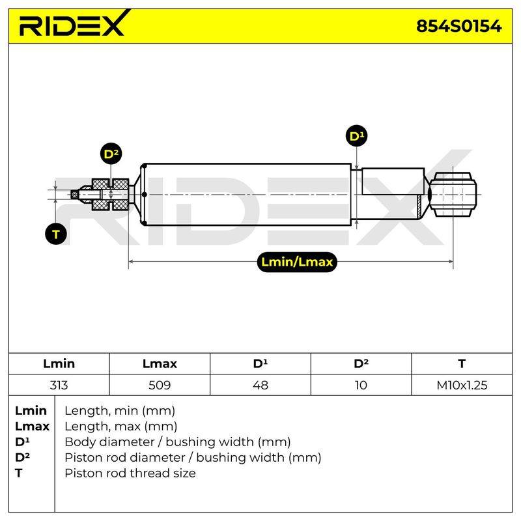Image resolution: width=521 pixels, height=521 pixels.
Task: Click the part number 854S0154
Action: (x=459, y=26)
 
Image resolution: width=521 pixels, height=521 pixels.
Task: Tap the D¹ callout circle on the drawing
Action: (x=356, y=136)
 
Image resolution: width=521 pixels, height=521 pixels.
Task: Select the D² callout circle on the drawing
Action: (x=111, y=154)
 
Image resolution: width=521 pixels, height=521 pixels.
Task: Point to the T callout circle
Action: (x=56, y=234)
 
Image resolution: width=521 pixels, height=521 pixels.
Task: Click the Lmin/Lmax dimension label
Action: (x=297, y=262)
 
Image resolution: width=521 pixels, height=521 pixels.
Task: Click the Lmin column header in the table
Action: (x=59, y=363)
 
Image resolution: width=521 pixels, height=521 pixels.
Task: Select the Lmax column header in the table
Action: (x=160, y=363)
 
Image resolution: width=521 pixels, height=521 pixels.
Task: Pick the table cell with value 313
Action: (x=59, y=385)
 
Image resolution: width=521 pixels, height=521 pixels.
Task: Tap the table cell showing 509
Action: (x=160, y=385)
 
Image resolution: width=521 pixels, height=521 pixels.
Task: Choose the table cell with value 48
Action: (x=260, y=385)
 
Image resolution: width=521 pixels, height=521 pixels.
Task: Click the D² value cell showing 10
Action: (x=361, y=385)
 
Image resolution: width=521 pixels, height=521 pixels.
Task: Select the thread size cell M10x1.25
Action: (x=462, y=385)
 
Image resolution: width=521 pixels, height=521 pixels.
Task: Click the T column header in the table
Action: (x=462, y=363)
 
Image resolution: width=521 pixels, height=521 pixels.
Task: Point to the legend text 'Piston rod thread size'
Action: (x=130, y=473)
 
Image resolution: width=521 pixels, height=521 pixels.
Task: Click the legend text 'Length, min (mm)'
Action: (x=120, y=411)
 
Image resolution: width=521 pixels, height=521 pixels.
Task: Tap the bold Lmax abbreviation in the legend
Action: (x=32, y=427)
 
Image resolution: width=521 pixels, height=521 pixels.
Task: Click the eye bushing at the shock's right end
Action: (x=453, y=194)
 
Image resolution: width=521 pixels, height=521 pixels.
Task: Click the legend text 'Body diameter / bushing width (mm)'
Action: (x=178, y=442)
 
